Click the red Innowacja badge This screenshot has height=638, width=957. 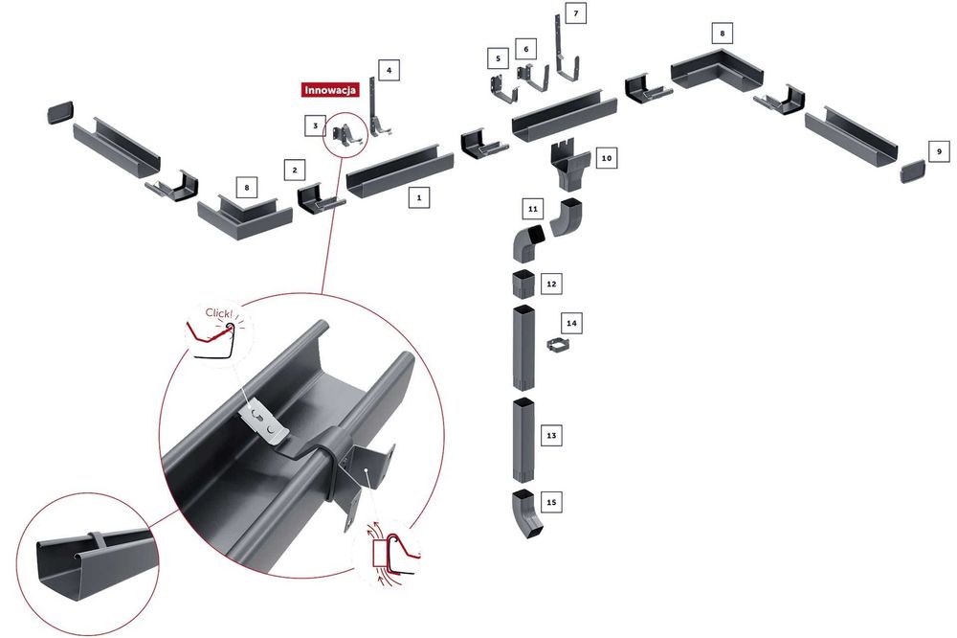pos(330,91)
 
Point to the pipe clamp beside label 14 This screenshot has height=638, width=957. pos(558,344)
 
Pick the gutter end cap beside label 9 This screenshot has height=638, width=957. pos(915,173)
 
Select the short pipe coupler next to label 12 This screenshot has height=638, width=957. pos(523,285)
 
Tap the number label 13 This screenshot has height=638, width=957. pos(550,436)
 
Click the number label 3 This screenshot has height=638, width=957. pos(314,125)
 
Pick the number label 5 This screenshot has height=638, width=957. pos(497,58)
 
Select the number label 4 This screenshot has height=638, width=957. pos(387,70)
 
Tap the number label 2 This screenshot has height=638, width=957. pos(295,171)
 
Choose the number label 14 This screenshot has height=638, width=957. pos(572,323)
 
